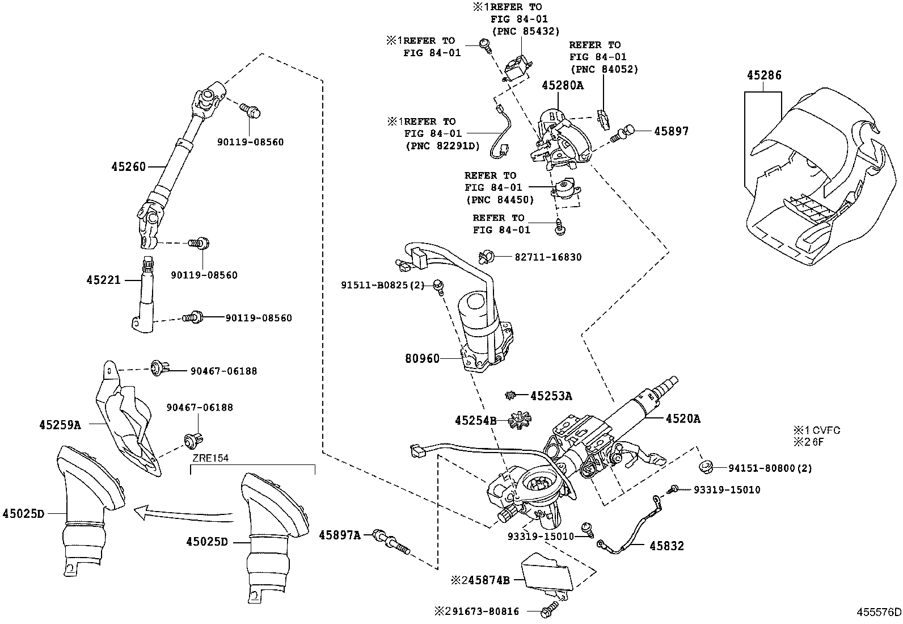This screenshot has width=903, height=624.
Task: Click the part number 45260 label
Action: tap(128, 166)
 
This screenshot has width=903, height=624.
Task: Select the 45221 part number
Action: tap(104, 280)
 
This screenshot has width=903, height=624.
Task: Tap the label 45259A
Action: tap(61, 424)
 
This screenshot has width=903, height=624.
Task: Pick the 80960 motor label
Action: tap(422, 359)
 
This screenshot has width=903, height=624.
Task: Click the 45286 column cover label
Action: tap(764, 75)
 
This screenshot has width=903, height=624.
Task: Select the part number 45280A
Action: tap(562, 86)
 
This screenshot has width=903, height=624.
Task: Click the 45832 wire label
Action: tap(666, 546)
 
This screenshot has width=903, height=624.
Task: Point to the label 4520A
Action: tap(682, 419)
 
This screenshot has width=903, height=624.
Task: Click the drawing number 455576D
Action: tap(879, 612)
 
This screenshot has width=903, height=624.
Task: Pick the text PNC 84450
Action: tap(500, 200)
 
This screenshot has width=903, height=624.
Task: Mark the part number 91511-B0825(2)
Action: tap(382, 284)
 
